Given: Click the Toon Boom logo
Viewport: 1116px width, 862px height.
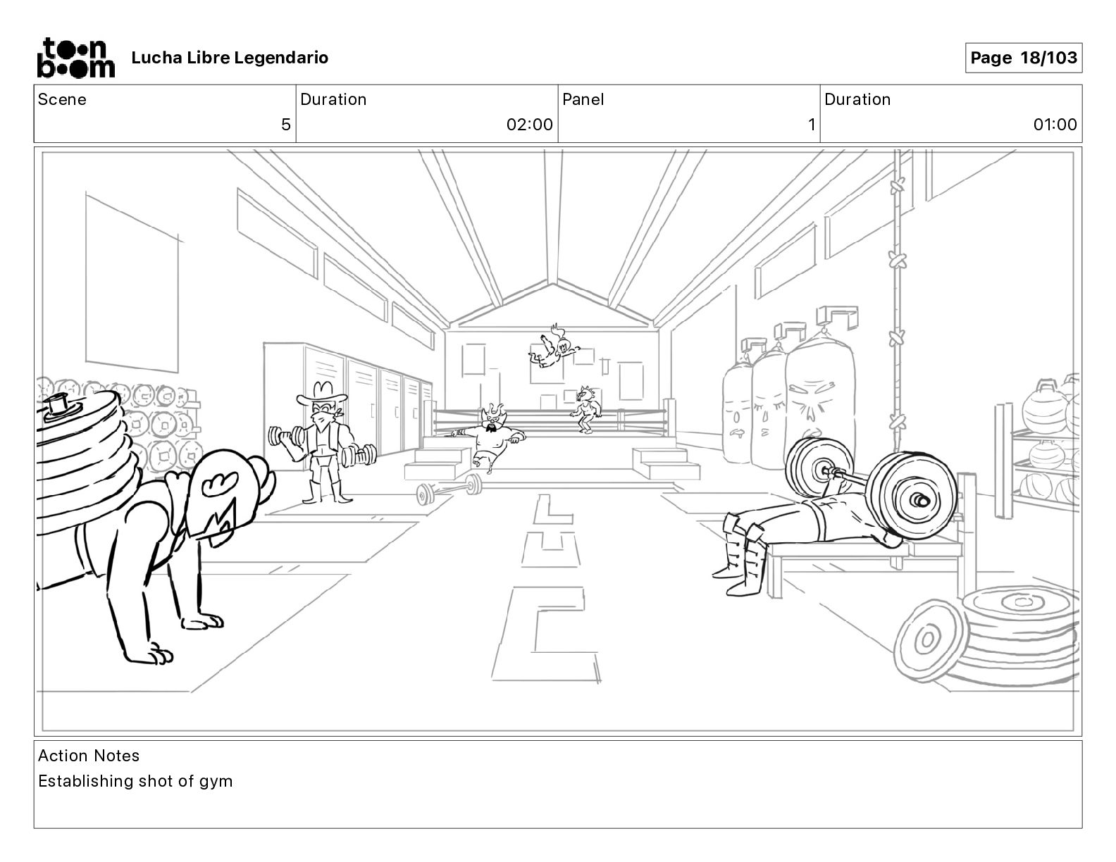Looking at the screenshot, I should click(75, 58).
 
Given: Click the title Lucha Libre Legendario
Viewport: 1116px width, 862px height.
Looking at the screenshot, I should click(230, 58).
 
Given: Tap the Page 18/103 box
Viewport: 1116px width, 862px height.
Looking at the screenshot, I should click(1023, 58).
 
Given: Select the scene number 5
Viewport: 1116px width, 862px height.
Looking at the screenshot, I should click(285, 125).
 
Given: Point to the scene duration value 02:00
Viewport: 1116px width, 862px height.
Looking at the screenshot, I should click(529, 125).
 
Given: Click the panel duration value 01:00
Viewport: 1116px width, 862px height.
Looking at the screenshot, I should click(1055, 125).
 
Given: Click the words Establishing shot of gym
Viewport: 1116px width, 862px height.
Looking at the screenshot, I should click(135, 781).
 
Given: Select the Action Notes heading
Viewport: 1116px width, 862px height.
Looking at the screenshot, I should click(89, 756).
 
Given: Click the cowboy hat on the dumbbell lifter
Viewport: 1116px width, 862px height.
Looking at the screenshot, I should click(322, 392).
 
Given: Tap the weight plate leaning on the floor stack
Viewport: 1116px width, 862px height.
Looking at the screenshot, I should click(926, 639).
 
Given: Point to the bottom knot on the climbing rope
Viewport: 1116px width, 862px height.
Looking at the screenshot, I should click(897, 422).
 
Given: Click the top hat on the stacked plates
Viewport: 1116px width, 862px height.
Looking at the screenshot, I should click(59, 407).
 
